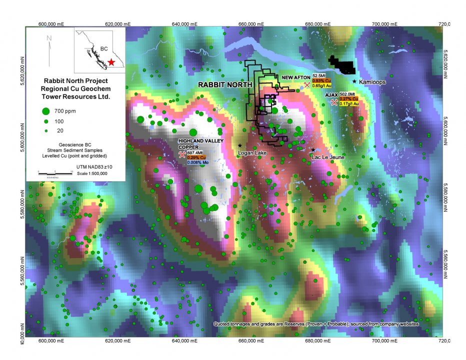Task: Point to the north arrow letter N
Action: [x=49, y=37]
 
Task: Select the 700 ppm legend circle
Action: [x=45, y=111]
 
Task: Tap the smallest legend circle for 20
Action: [x=45, y=130]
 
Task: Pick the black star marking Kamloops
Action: [x=354, y=81]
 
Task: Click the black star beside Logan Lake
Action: [x=240, y=145]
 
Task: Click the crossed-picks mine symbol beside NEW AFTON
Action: [x=306, y=85]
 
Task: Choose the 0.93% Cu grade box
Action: [x=321, y=80]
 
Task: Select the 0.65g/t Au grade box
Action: [x=322, y=85]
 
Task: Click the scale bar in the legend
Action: [x=55, y=172]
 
